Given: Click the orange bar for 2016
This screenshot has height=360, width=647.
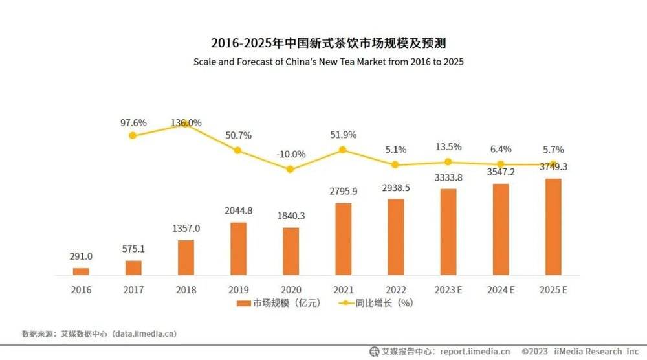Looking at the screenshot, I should tap(81, 271).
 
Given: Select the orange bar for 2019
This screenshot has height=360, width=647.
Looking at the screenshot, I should tap(238, 249).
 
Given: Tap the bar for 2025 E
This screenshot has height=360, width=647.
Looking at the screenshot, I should tap(553, 227).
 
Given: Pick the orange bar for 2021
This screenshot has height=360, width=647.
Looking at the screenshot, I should tap(343, 239).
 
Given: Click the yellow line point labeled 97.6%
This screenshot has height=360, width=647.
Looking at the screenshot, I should tap(133, 135).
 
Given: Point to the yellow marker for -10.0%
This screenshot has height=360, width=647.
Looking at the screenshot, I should tap(291, 169).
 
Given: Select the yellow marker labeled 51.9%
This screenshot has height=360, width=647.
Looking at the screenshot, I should tap(343, 150).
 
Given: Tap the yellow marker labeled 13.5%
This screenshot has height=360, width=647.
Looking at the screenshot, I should tap(448, 162).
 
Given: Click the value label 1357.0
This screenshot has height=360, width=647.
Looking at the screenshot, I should tap(186, 229).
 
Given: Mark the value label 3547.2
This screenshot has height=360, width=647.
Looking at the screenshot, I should tap(500, 173).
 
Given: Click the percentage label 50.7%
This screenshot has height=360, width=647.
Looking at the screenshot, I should tap(238, 135).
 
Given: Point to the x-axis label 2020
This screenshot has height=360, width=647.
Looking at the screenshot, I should tap(291, 290).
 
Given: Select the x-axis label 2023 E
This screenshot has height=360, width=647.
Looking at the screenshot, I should tap(448, 290).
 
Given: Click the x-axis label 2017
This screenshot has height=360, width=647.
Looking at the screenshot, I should tap(133, 290).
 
